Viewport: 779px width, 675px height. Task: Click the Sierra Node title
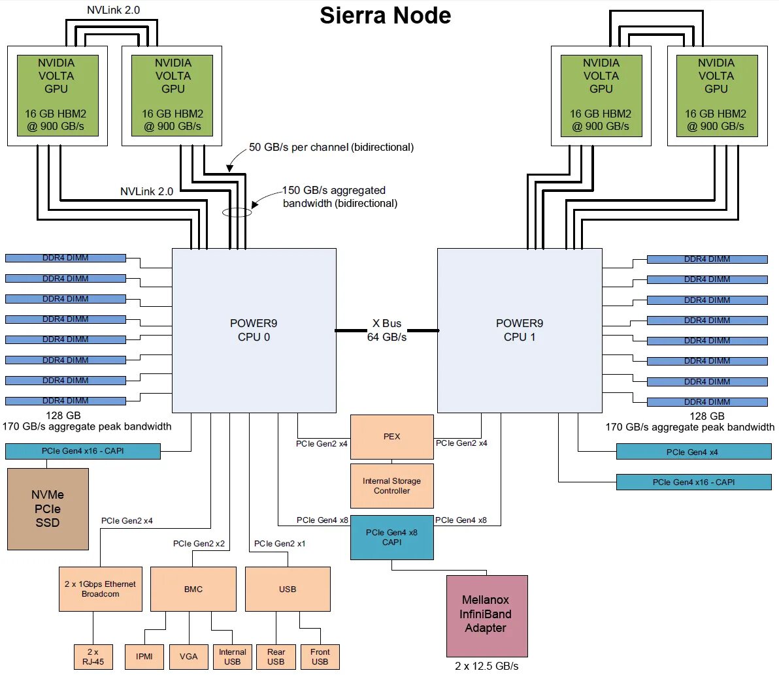point(385,16)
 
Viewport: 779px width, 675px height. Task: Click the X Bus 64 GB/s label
point(387,330)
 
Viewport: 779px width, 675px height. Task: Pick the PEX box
point(392,437)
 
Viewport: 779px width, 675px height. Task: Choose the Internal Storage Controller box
point(392,486)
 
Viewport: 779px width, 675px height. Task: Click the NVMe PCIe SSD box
point(48,509)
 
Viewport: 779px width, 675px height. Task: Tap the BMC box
point(193,589)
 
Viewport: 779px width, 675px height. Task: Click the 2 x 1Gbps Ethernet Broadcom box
point(101,589)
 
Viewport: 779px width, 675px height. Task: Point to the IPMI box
point(144,656)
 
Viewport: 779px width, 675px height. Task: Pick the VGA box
point(189,656)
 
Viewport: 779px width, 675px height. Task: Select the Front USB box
point(320,656)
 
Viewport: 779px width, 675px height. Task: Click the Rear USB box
point(276,656)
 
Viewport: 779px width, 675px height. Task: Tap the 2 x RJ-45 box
point(93,656)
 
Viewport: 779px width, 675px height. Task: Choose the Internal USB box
point(233,656)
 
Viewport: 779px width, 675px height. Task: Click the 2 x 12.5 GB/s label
point(487,667)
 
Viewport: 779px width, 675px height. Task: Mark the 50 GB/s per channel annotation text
point(331,148)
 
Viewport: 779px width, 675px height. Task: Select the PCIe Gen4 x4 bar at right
point(693,452)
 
